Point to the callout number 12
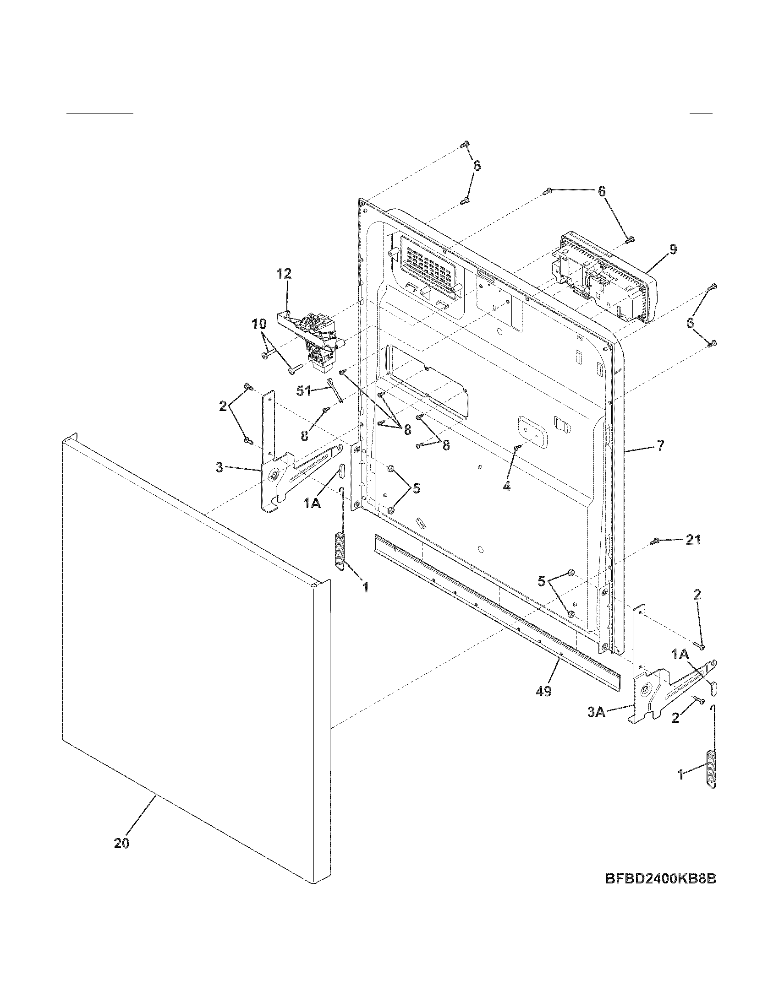coord(284,274)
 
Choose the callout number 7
coord(660,446)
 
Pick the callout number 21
coord(693,540)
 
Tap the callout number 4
coord(506,486)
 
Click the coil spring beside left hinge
coord(339,551)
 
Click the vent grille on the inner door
coord(426,266)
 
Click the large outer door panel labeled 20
coord(194,645)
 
